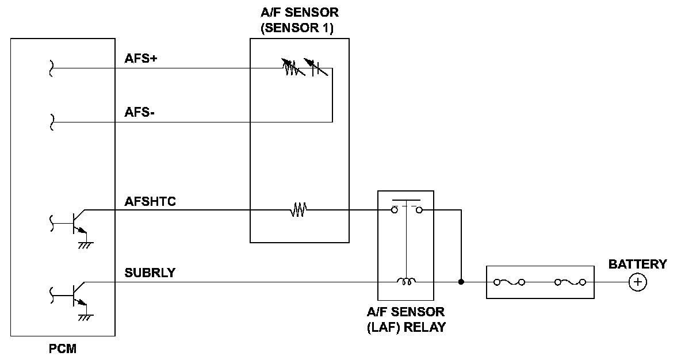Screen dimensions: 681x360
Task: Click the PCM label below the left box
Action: pyautogui.click(x=63, y=348)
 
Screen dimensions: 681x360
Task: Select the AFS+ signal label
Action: pyautogui.click(x=140, y=59)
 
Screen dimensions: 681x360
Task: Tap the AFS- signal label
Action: pyautogui.click(x=139, y=113)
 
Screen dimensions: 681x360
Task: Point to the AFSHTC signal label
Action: pyautogui.click(x=150, y=201)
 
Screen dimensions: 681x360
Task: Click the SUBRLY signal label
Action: pyautogui.click(x=150, y=273)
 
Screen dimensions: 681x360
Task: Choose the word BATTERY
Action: pyautogui.click(x=637, y=264)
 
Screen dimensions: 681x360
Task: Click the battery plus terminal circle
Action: pyautogui.click(x=637, y=282)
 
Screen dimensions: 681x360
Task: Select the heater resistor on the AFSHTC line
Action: pyautogui.click(x=299, y=210)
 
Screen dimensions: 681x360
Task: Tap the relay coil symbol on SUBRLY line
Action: pyautogui.click(x=406, y=282)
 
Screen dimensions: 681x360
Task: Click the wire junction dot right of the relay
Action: pyautogui.click(x=461, y=282)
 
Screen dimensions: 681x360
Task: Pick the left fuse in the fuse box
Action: pyautogui.click(x=509, y=282)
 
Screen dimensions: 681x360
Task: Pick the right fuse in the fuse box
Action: pyautogui.click(x=570, y=282)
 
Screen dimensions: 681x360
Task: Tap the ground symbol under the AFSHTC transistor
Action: pyautogui.click(x=85, y=244)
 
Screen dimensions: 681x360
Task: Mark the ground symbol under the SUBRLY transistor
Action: pyautogui.click(x=85, y=316)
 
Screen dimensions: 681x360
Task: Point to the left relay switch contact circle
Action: pyautogui.click(x=395, y=210)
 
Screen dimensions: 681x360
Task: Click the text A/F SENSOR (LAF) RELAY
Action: pyautogui.click(x=405, y=319)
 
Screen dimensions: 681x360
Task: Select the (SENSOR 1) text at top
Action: pyautogui.click(x=297, y=28)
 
